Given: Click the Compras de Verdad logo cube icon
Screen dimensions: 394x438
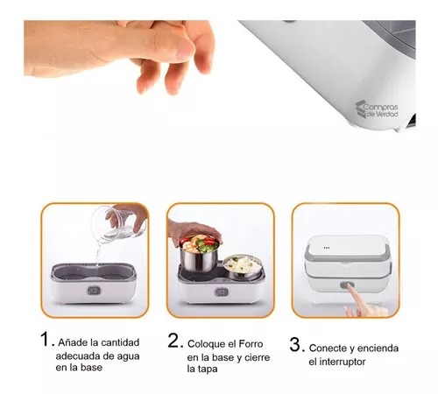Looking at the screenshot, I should (361, 108).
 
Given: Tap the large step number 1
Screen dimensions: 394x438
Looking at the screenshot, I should (46, 338).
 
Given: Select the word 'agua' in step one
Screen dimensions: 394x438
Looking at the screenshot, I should (118, 355).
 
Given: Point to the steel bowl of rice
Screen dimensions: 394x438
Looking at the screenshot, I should (240, 264).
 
